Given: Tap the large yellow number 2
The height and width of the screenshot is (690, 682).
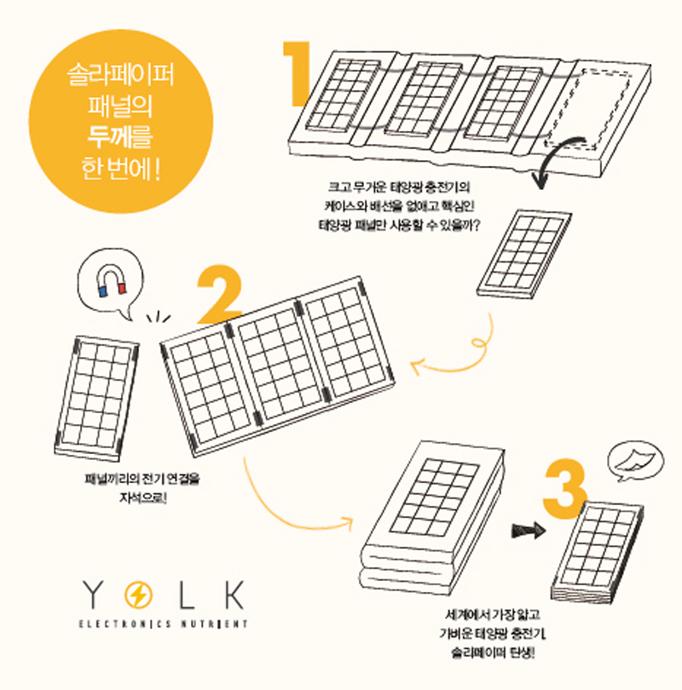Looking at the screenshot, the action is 220,294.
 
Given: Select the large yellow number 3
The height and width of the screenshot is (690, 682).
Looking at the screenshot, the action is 565,488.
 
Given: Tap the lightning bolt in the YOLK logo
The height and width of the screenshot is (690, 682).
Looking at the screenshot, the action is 138,595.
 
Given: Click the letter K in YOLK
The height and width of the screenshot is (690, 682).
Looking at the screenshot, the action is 234,595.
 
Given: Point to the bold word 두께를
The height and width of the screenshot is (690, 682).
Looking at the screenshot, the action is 119,137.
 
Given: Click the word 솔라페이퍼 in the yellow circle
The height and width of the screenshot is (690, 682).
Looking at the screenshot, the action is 119,75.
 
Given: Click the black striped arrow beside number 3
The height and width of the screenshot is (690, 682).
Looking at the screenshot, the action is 529,530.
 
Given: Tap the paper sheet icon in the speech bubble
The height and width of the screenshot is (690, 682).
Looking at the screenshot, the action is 635,461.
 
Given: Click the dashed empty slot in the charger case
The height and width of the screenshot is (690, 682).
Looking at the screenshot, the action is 591,107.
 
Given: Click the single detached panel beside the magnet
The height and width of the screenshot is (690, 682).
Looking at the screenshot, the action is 96,399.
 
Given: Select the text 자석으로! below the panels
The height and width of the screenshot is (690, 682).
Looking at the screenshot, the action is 143,497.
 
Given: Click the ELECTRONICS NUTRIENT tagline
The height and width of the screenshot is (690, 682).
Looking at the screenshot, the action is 164,624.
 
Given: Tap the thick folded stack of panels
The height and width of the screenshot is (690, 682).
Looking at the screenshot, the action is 432,520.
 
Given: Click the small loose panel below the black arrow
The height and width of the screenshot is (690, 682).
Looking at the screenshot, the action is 524,255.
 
